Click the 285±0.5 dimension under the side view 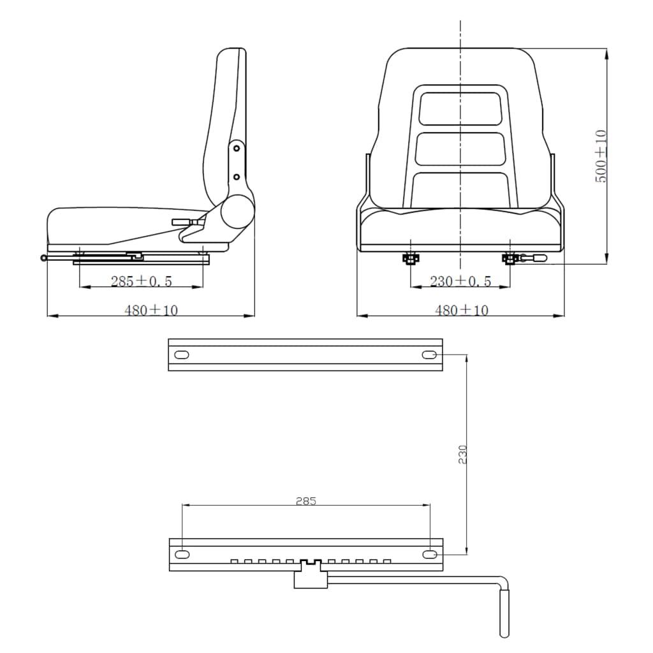pyautogui.click(x=141, y=281)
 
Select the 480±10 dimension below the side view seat pyautogui.click(x=150, y=310)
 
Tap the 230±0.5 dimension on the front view pyautogui.click(x=460, y=281)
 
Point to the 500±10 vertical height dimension pyautogui.click(x=601, y=156)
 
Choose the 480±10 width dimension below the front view pyautogui.click(x=461, y=310)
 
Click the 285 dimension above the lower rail pyautogui.click(x=305, y=501)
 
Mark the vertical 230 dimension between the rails pyautogui.click(x=463, y=454)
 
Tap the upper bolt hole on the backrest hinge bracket pyautogui.click(x=236, y=148)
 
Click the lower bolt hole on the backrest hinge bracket pyautogui.click(x=236, y=176)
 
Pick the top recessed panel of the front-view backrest pyautogui.click(x=460, y=108)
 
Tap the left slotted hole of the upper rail pyautogui.click(x=182, y=355)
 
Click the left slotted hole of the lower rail pyautogui.click(x=182, y=554)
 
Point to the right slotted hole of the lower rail pyautogui.click(x=430, y=554)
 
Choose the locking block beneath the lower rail pyautogui.click(x=311, y=578)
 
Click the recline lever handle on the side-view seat pyautogui.click(x=180, y=223)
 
